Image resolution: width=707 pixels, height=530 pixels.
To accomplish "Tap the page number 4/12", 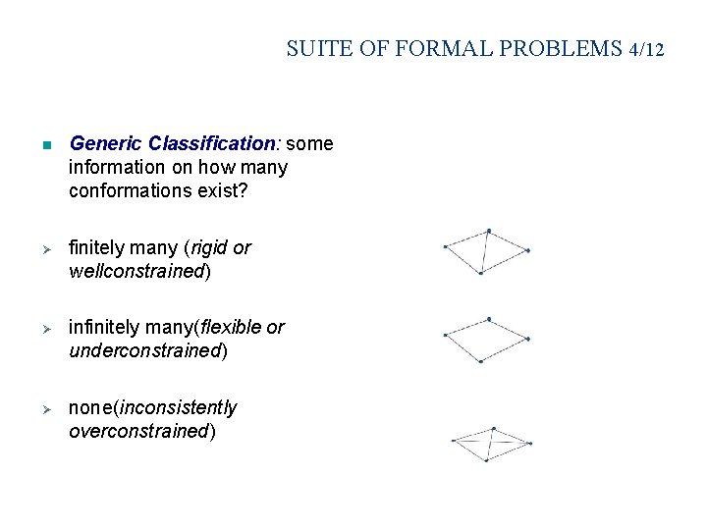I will (646, 48).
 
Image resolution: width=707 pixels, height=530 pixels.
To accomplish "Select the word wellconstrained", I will (136, 272).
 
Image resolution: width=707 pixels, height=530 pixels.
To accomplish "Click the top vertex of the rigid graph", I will (488, 231).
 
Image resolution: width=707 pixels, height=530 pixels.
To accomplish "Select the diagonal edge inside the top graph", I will (484, 251).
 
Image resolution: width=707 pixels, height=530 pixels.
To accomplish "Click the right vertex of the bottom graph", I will (530, 443).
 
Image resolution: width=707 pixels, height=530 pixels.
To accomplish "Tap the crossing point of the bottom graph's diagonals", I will (490, 442).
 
